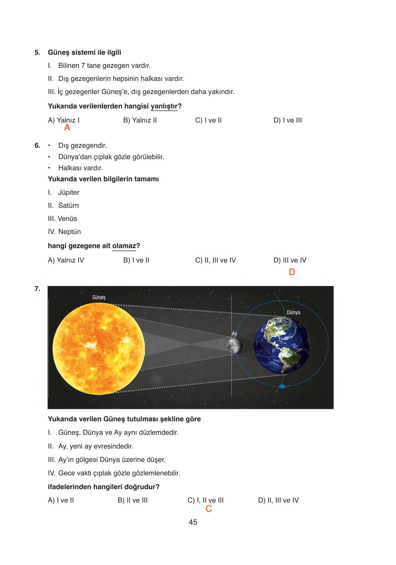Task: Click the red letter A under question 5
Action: pyautogui.click(x=67, y=128)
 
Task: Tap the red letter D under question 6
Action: pyautogui.click(x=292, y=272)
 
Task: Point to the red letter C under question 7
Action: pyautogui.click(x=209, y=509)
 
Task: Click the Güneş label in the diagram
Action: pyautogui.click(x=99, y=297)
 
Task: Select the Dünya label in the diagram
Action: pyautogui.click(x=293, y=312)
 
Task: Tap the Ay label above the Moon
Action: pyautogui.click(x=234, y=333)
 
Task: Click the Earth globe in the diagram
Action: pyautogui.click(x=281, y=346)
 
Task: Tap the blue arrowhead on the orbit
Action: pyautogui.click(x=283, y=386)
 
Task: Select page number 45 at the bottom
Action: pyautogui.click(x=193, y=522)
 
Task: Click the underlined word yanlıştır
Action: pyautogui.click(x=164, y=106)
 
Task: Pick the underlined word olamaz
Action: pyautogui.click(x=124, y=246)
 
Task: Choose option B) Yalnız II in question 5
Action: pyautogui.click(x=140, y=120)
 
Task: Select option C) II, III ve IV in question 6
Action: pyautogui.click(x=215, y=260)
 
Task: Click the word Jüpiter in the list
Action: pyautogui.click(x=69, y=192)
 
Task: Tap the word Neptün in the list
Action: pyautogui.click(x=69, y=232)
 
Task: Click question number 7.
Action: pyautogui.click(x=37, y=288)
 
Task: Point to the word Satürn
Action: pyautogui.click(x=68, y=205)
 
